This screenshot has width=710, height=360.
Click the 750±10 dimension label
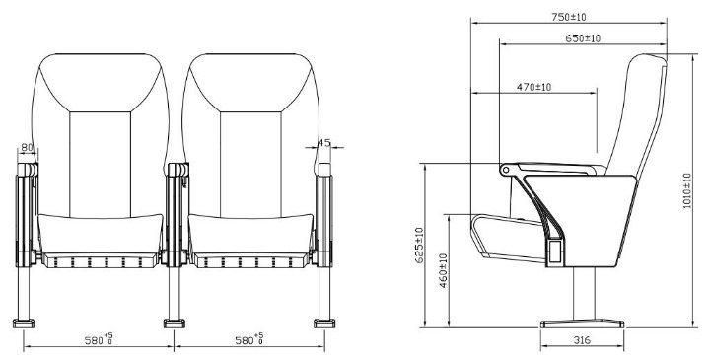click(568, 17)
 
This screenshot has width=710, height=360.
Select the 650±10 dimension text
click(583, 38)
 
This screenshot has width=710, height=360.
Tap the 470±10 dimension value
click(533, 87)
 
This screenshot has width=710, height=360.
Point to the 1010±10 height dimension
click(687, 190)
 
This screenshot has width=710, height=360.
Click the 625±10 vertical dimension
click(419, 245)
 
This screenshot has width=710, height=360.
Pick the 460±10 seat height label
click(444, 271)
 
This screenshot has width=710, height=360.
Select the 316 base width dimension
click(582, 339)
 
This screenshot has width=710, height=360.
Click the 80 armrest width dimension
click(28, 147)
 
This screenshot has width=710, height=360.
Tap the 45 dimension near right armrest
click(324, 143)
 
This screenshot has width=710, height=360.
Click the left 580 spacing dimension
click(99, 339)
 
